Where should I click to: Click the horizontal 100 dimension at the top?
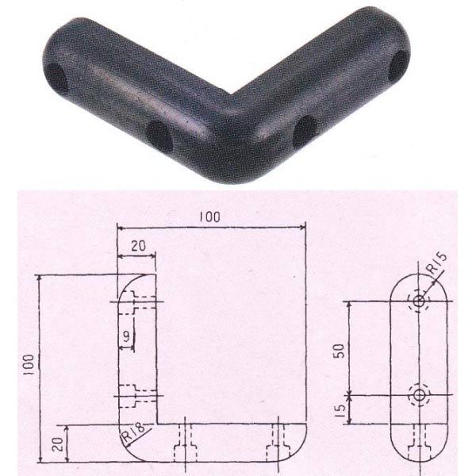click(x=209, y=217)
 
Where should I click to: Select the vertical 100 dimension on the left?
click(x=29, y=365)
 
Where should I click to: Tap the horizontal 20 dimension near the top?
click(x=138, y=246)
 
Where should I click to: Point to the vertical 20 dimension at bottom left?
click(x=59, y=444)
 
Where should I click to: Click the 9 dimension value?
click(x=126, y=336)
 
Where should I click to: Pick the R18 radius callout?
click(x=133, y=432)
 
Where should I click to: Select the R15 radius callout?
click(x=436, y=264)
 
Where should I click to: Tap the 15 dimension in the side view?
click(x=340, y=410)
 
